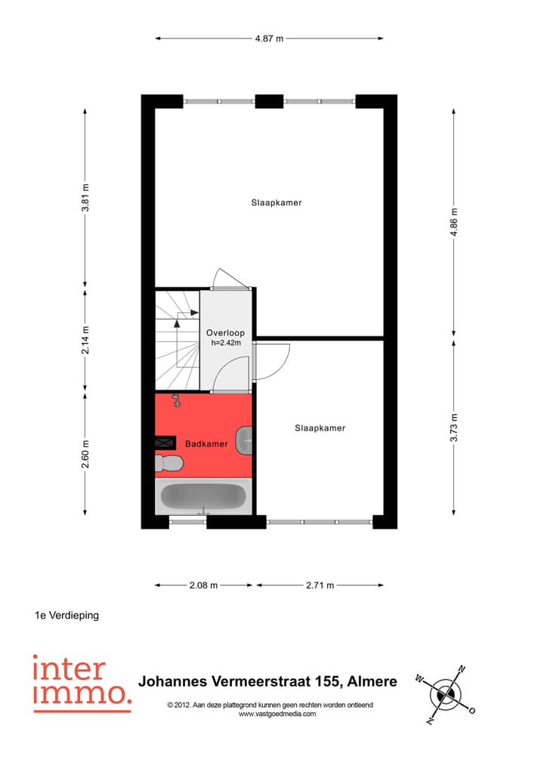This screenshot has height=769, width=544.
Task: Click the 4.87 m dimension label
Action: tap(269, 39)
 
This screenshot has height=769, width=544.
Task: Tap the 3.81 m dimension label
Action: tap(86, 198)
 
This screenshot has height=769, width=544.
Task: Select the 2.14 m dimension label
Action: tap(86, 339)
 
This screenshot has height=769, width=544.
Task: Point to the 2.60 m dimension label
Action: tap(86, 454)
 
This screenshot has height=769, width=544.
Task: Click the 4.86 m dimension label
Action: tap(454, 222)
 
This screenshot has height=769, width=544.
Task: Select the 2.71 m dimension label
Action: tap(319, 585)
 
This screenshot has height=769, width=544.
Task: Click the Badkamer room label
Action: tap(206, 444)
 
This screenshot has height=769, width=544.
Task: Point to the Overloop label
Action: tap(225, 332)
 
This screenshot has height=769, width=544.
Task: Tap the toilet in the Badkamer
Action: tap(169, 462)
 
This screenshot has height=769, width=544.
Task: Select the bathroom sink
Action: tap(244, 440)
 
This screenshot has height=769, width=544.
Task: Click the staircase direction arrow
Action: tap(177, 321)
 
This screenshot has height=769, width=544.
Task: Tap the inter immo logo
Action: tap(80, 683)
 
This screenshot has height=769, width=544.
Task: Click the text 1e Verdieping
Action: tap(66, 615)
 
